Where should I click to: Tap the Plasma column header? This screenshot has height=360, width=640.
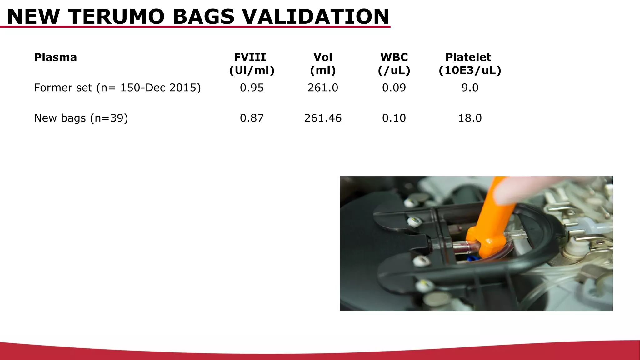point(55,57)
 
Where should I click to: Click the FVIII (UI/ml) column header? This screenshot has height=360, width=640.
point(252,63)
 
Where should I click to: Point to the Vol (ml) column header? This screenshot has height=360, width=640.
point(323,63)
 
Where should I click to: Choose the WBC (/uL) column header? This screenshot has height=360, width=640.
point(394,63)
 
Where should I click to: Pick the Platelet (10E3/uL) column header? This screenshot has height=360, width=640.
point(470,63)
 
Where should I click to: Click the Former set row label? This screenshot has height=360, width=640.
point(117,87)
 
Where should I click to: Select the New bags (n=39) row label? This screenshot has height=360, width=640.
point(81,118)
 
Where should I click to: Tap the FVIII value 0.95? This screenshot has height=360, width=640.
point(252,87)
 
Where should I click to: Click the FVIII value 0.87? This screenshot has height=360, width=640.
point(252,118)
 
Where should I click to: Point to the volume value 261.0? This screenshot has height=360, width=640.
point(323,87)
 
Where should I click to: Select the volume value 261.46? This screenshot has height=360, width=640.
point(323,118)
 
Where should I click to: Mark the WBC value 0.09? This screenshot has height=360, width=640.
point(394,87)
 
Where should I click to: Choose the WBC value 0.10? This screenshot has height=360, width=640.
point(394,118)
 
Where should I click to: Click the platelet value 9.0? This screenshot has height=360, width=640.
point(470,87)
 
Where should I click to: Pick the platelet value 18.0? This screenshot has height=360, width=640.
point(470,118)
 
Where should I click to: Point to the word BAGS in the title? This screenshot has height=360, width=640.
point(203,17)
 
